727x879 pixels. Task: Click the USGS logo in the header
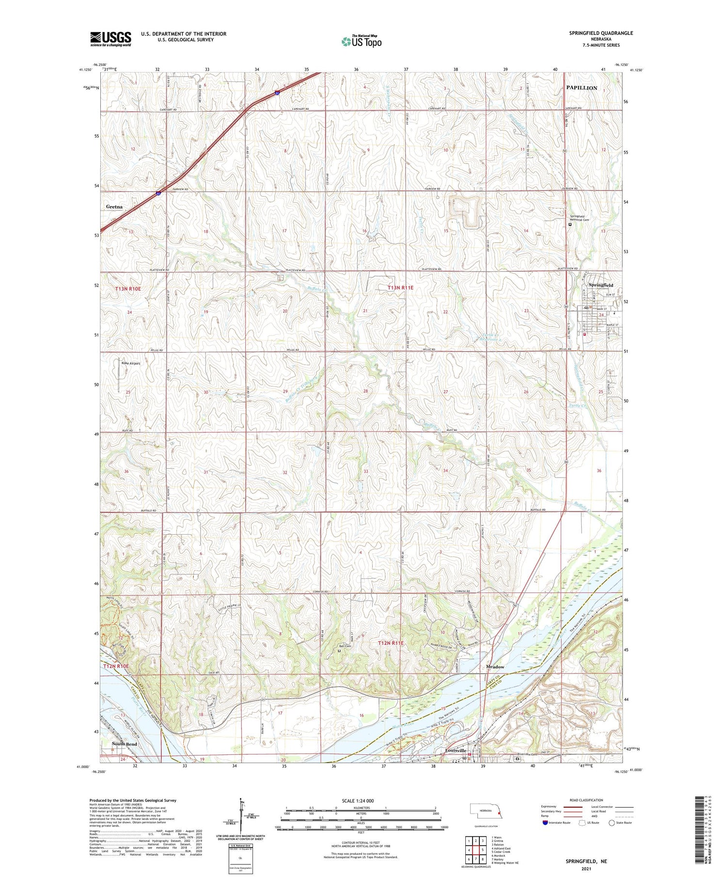pyautogui.click(x=111, y=39)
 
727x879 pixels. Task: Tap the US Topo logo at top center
pyautogui.click(x=361, y=41)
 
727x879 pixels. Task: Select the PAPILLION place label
pyautogui.click(x=582, y=88)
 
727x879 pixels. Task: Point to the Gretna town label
pyautogui.click(x=114, y=207)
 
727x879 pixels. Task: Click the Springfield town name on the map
pyautogui.click(x=601, y=285)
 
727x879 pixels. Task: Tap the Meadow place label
pyautogui.click(x=495, y=667)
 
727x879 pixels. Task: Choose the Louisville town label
pyautogui.click(x=456, y=751)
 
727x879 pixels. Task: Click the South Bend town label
pyautogui.click(x=125, y=744)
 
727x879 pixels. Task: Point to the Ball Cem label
pyautogui.click(x=345, y=646)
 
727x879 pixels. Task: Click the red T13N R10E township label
pyautogui.click(x=128, y=288)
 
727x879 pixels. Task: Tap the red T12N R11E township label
pyautogui.click(x=397, y=643)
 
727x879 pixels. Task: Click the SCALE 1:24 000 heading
pyautogui.click(x=361, y=800)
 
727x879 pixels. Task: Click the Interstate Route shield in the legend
pyautogui.click(x=545, y=823)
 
